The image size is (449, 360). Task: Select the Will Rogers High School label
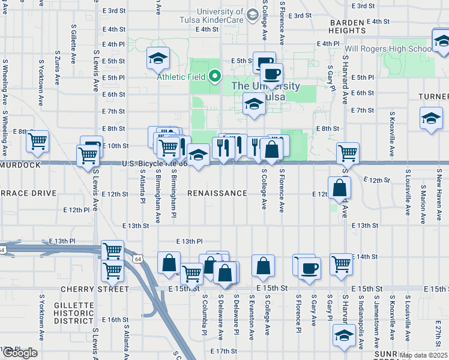coord(387,48)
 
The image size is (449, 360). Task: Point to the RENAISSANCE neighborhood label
coord(217,193)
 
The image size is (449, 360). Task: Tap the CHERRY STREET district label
coord(95,289)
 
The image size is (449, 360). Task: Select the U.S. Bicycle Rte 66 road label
coord(155,163)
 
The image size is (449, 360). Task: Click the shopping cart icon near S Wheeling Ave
coord(38,142)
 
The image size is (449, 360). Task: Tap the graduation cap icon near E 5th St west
coord(159,58)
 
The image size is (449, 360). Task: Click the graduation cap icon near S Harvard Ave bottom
coord(344,335)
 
